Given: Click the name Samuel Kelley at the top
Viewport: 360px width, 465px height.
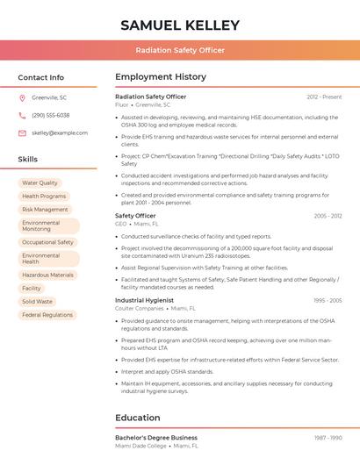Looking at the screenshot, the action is coord(180,25).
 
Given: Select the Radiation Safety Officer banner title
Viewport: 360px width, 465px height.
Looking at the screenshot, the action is coord(180,50).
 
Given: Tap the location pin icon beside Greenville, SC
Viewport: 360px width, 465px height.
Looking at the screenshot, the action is coord(22,97).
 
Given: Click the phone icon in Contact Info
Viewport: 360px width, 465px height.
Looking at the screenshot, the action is coord(22,115).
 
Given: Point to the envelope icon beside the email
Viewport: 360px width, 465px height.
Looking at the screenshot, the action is coord(22,132).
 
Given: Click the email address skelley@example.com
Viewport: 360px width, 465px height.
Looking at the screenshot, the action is coord(60,132).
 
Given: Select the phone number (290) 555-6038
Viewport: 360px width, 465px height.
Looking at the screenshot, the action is coord(51,115).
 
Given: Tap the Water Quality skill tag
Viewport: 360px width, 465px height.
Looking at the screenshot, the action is coord(40,183).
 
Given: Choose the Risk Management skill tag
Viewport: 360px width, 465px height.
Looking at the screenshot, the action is coord(45,210).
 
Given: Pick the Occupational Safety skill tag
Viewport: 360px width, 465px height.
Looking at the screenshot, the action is coord(47,242).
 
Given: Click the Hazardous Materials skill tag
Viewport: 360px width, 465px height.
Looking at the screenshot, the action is coord(47,275).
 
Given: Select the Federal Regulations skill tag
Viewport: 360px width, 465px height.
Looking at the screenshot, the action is coord(47,314).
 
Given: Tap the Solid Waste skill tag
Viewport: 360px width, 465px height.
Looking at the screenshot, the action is coord(37,301).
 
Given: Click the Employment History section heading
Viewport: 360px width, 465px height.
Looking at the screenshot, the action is coord(161,77).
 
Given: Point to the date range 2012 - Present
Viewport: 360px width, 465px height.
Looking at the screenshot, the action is coord(324,97).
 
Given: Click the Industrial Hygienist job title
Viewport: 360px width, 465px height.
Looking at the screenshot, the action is coord(145,300).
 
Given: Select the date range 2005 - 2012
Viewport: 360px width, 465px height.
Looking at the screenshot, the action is coord(328,216).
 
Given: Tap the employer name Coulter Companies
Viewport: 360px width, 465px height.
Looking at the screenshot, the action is coord(140,309).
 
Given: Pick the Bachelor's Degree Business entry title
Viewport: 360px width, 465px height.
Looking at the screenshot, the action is coord(156,437).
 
